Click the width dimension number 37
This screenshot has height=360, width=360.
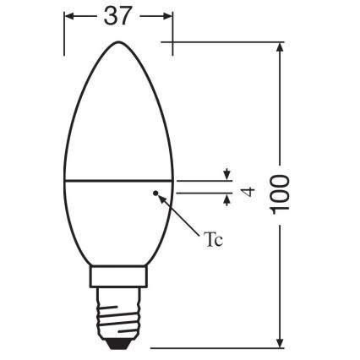(x=119, y=17)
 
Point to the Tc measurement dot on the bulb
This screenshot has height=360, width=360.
(x=155, y=194)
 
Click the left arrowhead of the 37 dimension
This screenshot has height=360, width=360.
(x=69, y=17)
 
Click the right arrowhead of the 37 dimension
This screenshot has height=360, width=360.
(x=168, y=17)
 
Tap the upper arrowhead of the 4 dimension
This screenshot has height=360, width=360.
(x=226, y=175)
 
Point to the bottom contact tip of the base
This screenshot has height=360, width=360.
(x=119, y=344)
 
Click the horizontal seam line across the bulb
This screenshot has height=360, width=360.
(x=119, y=180)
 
